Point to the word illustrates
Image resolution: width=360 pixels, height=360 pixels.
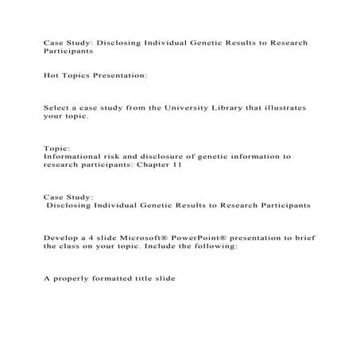tap(285, 106)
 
